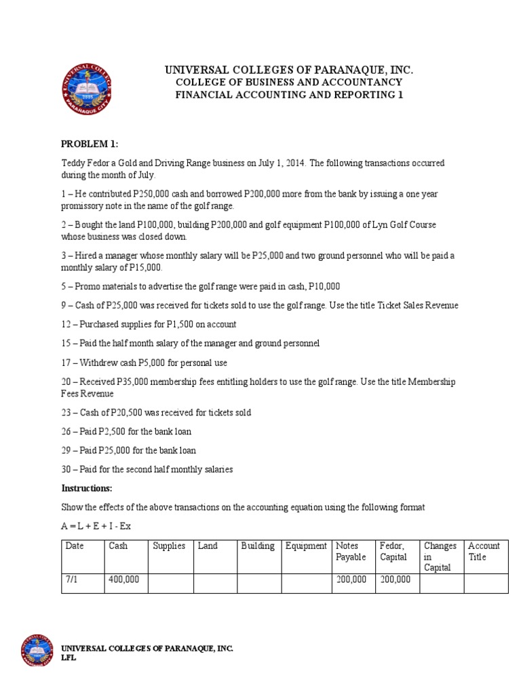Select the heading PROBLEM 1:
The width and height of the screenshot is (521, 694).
(90, 144)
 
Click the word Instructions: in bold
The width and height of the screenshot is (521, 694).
(88, 488)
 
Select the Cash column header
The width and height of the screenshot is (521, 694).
(118, 546)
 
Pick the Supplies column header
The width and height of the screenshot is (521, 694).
(169, 546)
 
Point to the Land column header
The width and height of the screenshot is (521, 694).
(208, 546)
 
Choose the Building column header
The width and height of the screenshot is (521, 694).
(258, 546)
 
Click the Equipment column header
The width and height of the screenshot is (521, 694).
(306, 546)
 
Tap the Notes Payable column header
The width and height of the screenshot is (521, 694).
(351, 552)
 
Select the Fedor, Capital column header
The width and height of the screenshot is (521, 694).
(393, 552)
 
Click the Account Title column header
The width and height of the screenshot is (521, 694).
(484, 552)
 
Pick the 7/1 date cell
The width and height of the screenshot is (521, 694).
(72, 580)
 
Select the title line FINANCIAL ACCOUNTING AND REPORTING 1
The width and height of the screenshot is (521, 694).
(289, 95)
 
